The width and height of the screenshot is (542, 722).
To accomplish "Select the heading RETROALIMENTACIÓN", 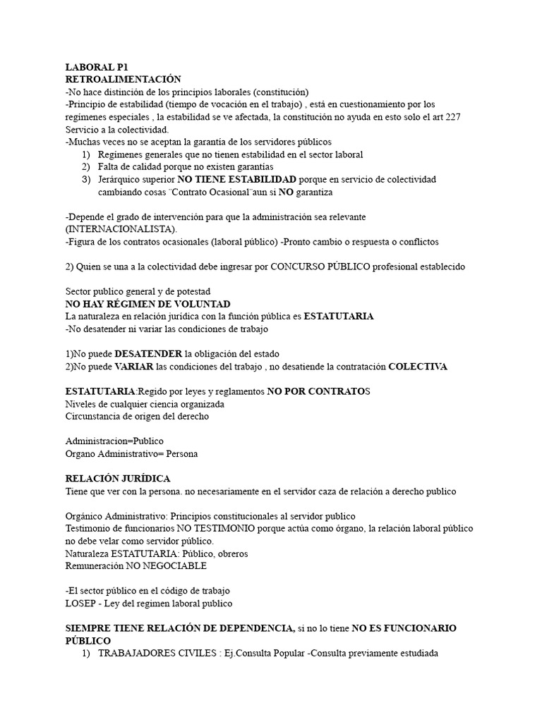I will (123, 79).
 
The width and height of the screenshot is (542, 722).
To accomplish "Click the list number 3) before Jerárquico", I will (86, 179).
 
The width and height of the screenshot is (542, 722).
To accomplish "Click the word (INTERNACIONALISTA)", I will (121, 229).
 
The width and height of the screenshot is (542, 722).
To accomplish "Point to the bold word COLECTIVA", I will (418, 367).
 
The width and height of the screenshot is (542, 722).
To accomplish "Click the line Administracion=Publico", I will (114, 441).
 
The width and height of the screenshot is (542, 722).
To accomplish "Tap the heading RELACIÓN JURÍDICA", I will (118, 479).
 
